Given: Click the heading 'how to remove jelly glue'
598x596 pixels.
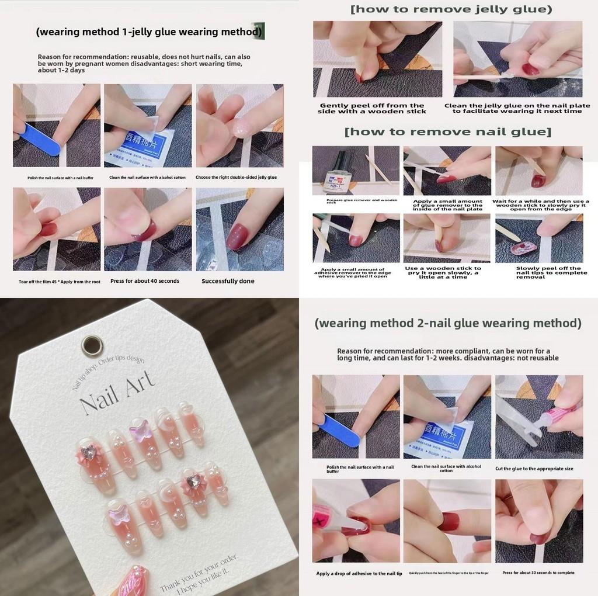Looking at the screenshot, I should [450, 9].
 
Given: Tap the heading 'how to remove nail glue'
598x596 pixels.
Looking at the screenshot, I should [447, 131].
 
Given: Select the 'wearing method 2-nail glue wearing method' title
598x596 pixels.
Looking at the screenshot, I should [448, 323].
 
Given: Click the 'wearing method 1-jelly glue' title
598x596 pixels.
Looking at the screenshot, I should [149, 32].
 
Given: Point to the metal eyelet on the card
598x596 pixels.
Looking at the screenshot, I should [91, 346].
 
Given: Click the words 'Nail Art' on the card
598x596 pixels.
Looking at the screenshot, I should [117, 394].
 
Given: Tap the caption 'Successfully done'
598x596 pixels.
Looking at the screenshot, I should [228, 281].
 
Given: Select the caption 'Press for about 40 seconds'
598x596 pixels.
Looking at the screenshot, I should [145, 281].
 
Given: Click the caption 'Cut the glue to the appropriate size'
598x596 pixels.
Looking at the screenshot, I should [534, 469].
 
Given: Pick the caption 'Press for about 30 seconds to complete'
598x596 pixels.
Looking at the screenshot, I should [538, 573].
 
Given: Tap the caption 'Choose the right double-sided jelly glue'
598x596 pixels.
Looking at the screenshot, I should [236, 177].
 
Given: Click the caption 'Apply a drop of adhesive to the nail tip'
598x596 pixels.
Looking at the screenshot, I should [359, 573].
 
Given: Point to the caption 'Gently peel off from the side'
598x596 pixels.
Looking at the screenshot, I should [372, 109].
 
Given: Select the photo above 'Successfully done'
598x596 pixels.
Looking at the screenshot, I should [239, 229].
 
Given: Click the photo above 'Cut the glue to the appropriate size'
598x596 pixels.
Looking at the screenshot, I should [538, 417].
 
